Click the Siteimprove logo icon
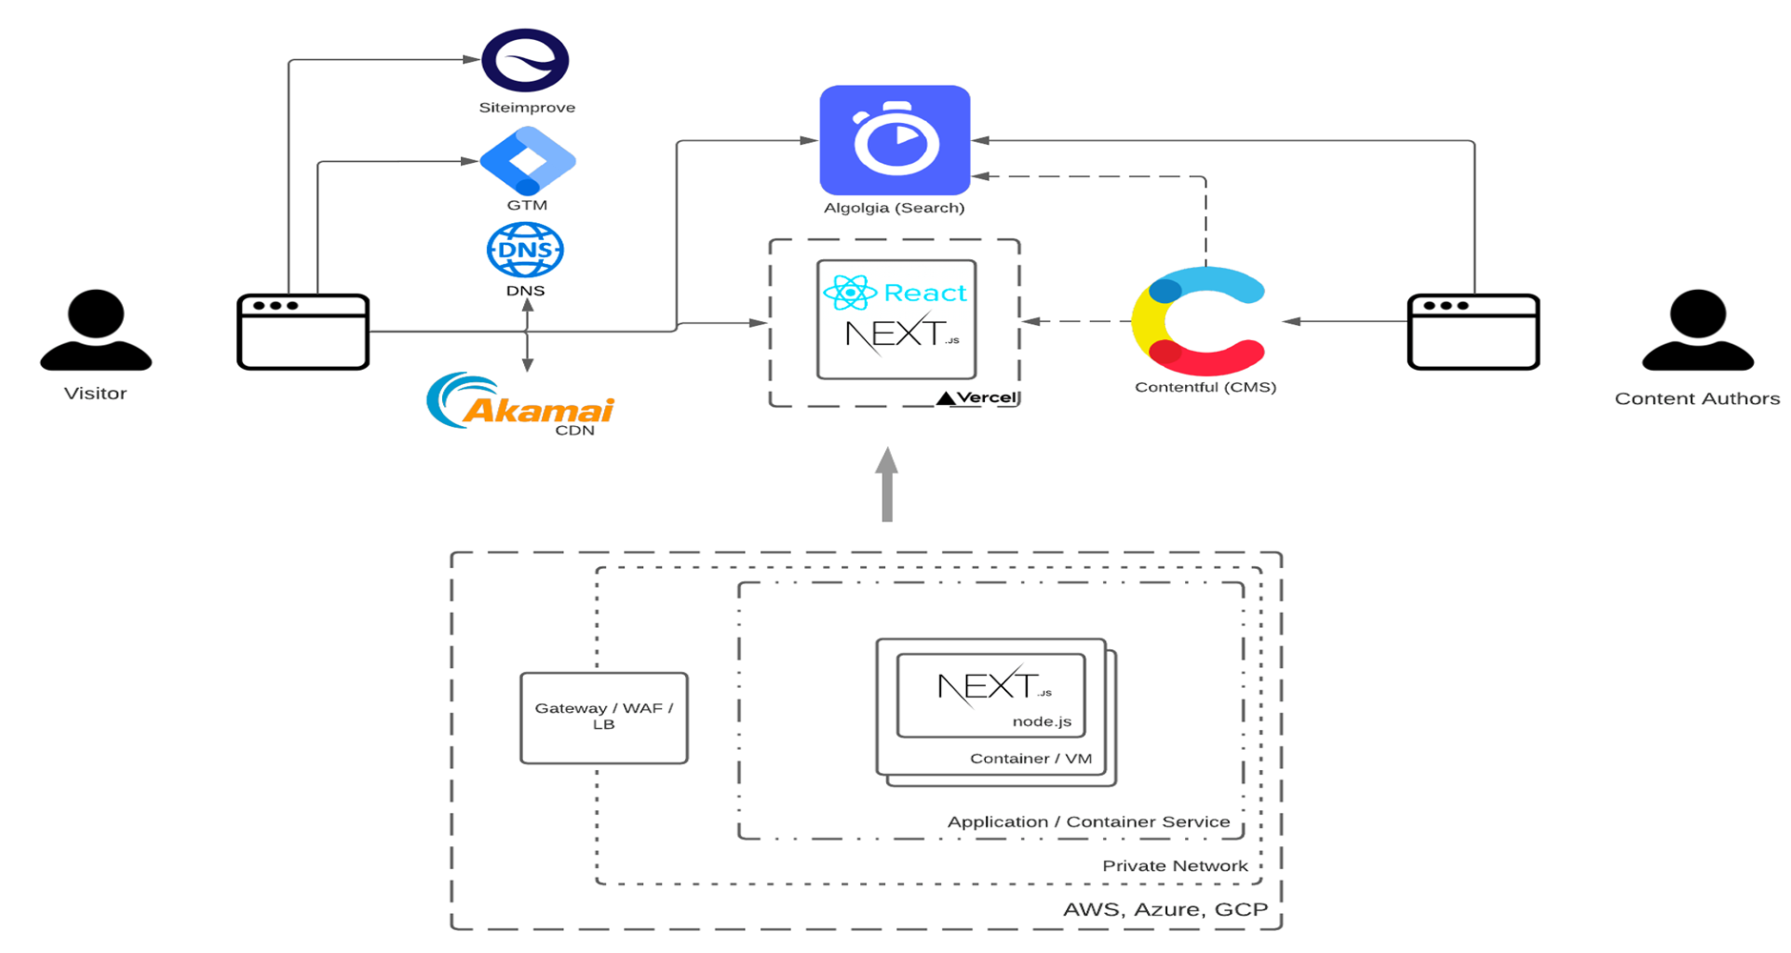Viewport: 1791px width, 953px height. pos(525,60)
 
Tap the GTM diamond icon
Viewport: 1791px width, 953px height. pos(527,161)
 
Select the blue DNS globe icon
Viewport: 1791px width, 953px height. pos(525,250)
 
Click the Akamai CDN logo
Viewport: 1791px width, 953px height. pos(520,403)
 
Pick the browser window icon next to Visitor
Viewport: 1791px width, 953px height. pos(303,332)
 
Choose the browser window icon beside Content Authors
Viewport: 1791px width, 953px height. pos(1473,332)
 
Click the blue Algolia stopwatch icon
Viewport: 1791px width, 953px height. pos(895,140)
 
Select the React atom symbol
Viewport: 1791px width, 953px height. pos(850,293)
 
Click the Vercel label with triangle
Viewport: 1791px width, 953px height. pos(977,397)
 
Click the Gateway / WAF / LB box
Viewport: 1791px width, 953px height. pos(604,718)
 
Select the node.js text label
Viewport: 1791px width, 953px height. pos(1041,721)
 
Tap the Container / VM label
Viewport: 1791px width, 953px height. pos(1031,759)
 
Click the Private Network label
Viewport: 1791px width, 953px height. pos(1175,865)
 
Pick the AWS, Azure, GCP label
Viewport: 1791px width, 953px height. pos(1165,909)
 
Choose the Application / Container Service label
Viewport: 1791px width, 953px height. pos(1088,821)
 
